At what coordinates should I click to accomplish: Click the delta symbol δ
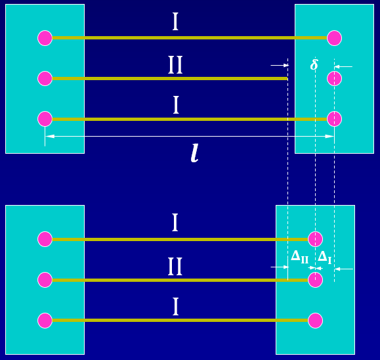pos(314,64)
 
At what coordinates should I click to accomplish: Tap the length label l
pos(195,153)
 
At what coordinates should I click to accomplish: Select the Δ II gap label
pos(299,257)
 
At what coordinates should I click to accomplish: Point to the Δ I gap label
pos(324,257)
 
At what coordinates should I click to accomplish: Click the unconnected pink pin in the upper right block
pos(335,79)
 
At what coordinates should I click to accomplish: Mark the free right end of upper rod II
pos(287,79)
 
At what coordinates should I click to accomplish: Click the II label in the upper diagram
pos(175,65)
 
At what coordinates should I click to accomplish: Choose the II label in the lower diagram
pos(175,267)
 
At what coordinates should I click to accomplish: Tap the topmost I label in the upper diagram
pos(175,22)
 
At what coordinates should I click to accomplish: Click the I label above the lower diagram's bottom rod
pos(175,307)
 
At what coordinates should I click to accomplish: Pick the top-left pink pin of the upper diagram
pos(45,38)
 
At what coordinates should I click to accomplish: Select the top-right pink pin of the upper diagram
pos(335,38)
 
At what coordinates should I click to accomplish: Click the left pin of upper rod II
pos(45,79)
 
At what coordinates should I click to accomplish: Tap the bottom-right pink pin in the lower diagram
pos(315,321)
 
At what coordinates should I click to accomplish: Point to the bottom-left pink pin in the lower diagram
pos(45,321)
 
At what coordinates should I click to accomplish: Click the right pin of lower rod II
pos(315,280)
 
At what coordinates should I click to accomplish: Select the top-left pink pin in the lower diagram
pos(45,239)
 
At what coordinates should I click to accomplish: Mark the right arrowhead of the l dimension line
pos(329,137)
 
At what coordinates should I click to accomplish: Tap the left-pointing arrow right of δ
pos(343,66)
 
